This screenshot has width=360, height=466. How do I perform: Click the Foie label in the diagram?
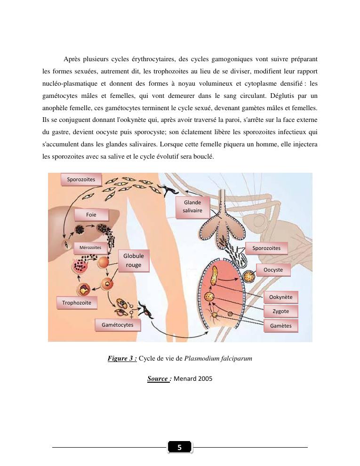[91, 215]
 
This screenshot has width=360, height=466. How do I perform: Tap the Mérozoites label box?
[90, 248]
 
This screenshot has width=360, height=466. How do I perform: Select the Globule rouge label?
[134, 260]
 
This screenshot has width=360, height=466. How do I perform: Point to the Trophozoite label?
[77, 303]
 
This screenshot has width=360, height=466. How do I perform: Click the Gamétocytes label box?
[117, 325]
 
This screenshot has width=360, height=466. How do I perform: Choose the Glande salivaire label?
[192, 207]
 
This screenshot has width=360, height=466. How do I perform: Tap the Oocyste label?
[273, 270]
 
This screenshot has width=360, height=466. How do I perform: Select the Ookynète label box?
[281, 297]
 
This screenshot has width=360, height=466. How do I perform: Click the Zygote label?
[281, 311]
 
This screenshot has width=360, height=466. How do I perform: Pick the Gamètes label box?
[281, 326]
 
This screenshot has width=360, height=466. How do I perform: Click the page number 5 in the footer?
[179, 447]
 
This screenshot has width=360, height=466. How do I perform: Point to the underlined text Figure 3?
[122, 358]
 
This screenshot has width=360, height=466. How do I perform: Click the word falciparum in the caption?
[236, 358]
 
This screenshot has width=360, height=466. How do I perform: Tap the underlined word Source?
[158, 378]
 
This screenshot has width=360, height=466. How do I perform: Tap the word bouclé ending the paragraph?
[204, 157]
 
